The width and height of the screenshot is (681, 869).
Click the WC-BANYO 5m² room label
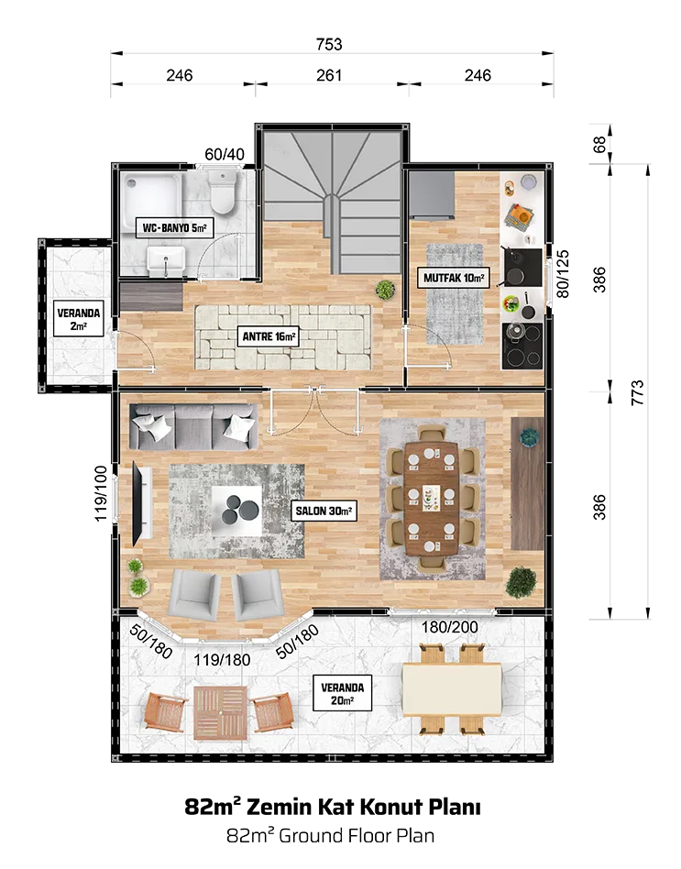coord(174,227)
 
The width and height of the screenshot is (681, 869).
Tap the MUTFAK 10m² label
coord(454,278)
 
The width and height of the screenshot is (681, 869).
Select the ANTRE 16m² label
coord(269,336)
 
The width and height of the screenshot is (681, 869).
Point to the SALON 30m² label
coord(324,511)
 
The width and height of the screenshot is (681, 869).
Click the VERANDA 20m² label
coord(343,694)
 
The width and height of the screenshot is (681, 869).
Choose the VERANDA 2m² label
coord(79,319)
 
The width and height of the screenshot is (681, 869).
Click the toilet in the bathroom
coord(223,192)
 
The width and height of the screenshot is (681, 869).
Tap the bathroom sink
coord(166,260)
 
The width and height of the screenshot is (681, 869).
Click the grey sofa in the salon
coord(193,426)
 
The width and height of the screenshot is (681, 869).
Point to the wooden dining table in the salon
coord(431,499)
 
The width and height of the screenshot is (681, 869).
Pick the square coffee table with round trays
coord(236,511)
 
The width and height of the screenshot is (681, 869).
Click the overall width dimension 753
coord(329,44)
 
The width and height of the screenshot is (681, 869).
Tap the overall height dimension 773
coord(638,392)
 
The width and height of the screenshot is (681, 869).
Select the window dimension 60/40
coord(225,154)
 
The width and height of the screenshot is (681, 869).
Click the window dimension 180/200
coord(449,627)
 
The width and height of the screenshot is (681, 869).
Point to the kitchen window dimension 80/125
coord(563,274)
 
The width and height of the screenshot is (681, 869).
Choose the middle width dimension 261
coord(329,75)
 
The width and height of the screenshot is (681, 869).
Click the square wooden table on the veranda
coord(221,713)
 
